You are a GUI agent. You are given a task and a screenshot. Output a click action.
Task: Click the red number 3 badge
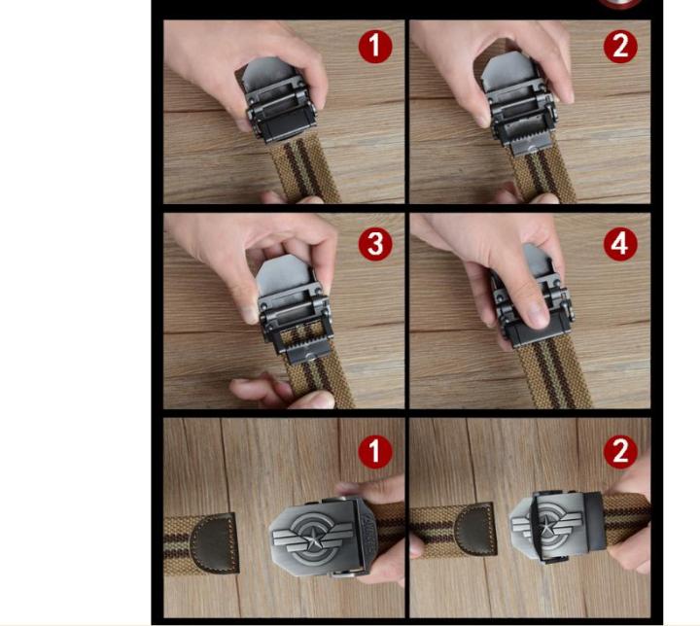pyautogui.click(x=375, y=244)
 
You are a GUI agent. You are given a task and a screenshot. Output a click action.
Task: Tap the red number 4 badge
pyautogui.click(x=620, y=244)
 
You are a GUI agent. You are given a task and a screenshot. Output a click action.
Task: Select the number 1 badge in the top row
pyautogui.click(x=375, y=47)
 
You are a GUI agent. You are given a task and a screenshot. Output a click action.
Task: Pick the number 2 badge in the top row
pyautogui.click(x=620, y=47)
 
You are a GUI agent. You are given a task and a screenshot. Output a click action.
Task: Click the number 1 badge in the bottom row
pyautogui.click(x=375, y=452)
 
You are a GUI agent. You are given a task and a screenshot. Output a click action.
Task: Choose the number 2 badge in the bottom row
pyautogui.click(x=620, y=452)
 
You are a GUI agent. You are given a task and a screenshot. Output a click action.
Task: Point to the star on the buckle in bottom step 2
pyautogui.click(x=545, y=529)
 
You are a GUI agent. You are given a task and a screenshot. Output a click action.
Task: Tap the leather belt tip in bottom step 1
pyautogui.click(x=214, y=542)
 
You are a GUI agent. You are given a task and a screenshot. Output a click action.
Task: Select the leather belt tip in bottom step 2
pyautogui.click(x=475, y=530)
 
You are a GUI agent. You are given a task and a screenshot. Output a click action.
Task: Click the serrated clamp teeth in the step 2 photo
pyautogui.click(x=529, y=144)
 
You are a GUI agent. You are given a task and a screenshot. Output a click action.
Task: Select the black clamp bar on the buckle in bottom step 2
pyautogui.click(x=595, y=522)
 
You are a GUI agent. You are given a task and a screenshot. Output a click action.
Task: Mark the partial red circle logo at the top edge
pyautogui.click(x=620, y=4)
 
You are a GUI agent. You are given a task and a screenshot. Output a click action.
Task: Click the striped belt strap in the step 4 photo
pyautogui.click(x=553, y=375)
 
